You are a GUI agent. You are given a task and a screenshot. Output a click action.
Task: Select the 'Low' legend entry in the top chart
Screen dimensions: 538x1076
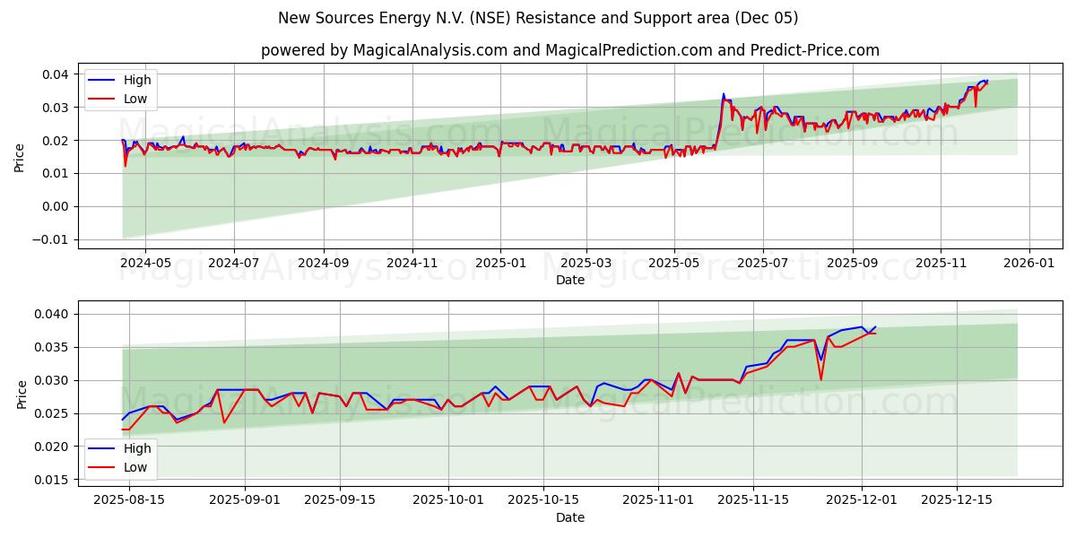pyautogui.click(x=135, y=99)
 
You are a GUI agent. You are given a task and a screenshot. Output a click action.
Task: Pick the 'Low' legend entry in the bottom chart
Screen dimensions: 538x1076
pyautogui.click(x=135, y=467)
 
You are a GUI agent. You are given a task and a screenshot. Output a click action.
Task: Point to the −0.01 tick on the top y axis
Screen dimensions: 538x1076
pyautogui.click(x=49, y=239)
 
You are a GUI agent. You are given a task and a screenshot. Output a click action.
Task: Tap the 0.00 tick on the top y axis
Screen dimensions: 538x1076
pyautogui.click(x=54, y=206)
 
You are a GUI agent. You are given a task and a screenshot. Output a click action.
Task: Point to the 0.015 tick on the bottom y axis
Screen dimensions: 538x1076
pyautogui.click(x=51, y=480)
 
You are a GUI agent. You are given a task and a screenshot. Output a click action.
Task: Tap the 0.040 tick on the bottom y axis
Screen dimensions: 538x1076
pyautogui.click(x=51, y=314)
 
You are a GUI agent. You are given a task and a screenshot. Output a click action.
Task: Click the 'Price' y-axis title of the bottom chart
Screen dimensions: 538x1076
pyautogui.click(x=22, y=394)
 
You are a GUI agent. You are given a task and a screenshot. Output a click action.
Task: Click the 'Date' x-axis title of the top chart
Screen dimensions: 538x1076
pyautogui.click(x=569, y=280)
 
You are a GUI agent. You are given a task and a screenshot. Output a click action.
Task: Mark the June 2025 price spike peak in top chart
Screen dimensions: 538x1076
pyautogui.click(x=724, y=93)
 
